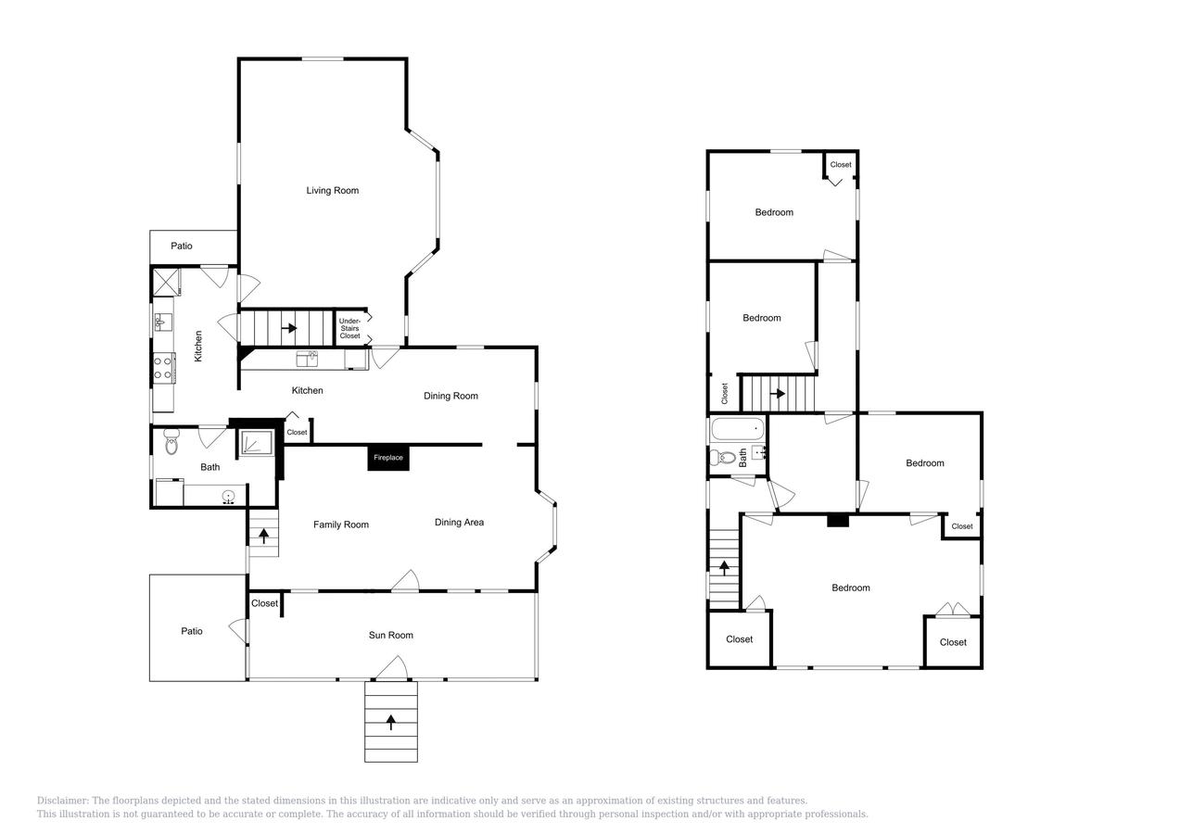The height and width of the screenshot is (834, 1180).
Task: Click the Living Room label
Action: (x=333, y=191)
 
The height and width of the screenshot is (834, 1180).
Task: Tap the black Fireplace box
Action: (x=388, y=458)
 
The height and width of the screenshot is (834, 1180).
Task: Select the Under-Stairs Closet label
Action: (x=349, y=328)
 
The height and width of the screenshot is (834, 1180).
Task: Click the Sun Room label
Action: (x=391, y=635)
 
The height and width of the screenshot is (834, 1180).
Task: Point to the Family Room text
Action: (x=341, y=524)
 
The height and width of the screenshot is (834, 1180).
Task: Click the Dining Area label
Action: (x=459, y=523)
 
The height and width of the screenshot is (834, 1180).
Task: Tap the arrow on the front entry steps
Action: (x=391, y=722)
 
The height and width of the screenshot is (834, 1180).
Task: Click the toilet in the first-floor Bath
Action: (x=171, y=441)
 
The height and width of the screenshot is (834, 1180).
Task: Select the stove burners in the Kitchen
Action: (x=163, y=368)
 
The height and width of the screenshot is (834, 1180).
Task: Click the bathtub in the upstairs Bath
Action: (x=738, y=428)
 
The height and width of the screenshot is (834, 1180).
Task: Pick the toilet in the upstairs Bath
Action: (x=723, y=458)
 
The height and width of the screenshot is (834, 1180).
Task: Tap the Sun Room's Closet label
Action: (x=264, y=603)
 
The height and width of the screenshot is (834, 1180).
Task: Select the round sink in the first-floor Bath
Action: (x=229, y=496)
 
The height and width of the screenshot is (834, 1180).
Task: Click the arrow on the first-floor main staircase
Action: (x=289, y=328)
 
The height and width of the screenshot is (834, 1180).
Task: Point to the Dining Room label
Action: (x=450, y=396)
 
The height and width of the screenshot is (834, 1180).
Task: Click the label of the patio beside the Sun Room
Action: (x=192, y=631)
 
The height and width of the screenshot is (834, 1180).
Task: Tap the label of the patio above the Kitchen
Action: (x=182, y=246)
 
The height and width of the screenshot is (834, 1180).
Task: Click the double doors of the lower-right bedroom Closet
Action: (x=954, y=610)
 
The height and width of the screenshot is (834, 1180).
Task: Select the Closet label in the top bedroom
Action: (x=841, y=165)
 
